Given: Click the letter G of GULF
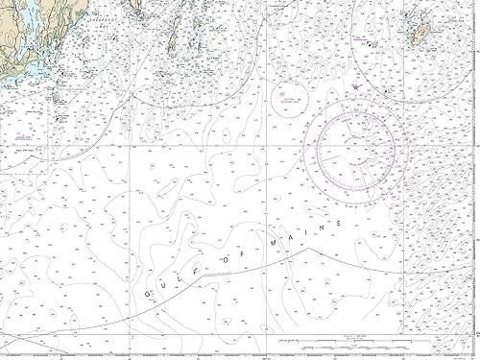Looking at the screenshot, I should [x=149, y=296].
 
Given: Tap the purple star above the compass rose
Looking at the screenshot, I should [x=356, y=86].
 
